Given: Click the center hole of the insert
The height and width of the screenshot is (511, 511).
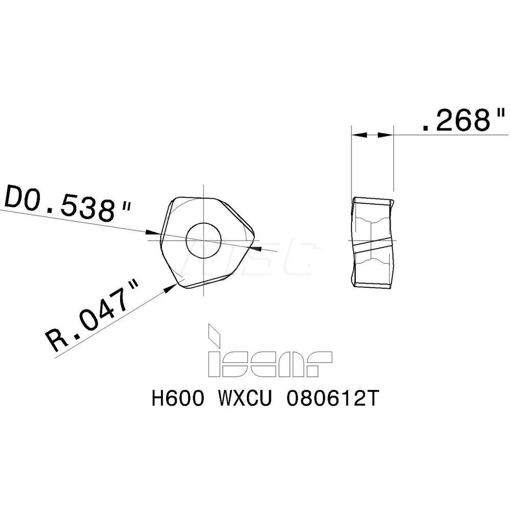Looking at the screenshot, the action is click(204, 241).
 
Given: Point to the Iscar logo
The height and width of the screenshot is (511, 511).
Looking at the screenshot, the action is click(269, 352).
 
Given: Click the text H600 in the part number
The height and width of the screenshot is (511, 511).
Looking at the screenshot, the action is click(178, 398).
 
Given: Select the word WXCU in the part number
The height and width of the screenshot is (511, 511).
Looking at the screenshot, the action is click(244, 398).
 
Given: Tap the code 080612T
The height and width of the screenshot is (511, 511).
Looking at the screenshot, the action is click(333, 398).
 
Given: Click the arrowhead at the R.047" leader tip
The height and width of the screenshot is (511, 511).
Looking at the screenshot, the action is click(170, 288).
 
